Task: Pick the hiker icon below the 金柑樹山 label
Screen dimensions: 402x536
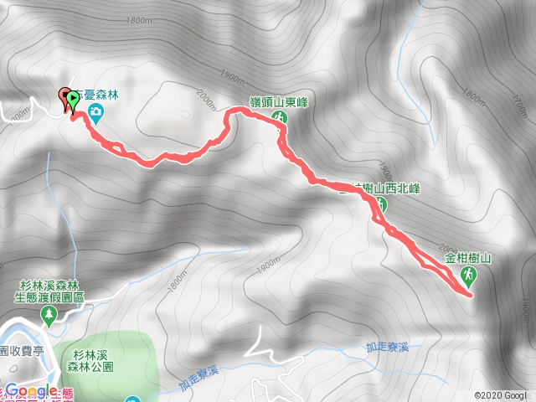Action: (x=469, y=276)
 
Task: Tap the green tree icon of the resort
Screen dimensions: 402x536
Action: (x=49, y=316)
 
